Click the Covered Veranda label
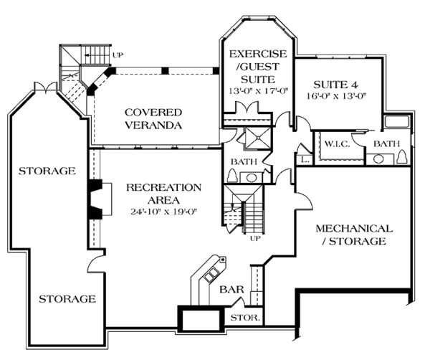(153, 118)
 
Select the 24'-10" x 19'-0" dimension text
(163, 212)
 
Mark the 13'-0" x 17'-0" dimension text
(257, 90)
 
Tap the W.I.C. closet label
(335, 143)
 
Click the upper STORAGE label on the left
(47, 171)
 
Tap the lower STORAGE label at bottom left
(67, 298)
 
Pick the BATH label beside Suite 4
(386, 143)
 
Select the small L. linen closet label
(306, 159)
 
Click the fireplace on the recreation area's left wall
(96, 197)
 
